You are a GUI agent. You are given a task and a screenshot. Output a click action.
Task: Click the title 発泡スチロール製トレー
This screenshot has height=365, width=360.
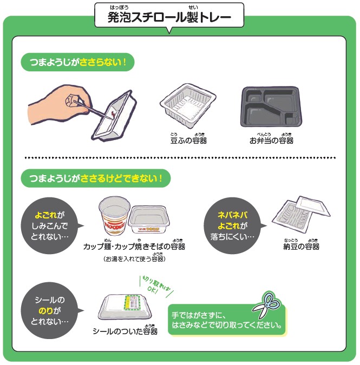[169, 17]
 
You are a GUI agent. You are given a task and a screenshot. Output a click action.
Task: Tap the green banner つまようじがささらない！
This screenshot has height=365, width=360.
[77, 62]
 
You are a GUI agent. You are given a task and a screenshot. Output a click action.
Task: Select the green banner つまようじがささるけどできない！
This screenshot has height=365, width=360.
[96, 178]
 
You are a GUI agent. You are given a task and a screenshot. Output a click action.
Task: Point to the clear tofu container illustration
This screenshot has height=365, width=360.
[188, 105]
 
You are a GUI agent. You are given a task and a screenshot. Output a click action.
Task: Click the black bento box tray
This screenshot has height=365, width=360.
[271, 107]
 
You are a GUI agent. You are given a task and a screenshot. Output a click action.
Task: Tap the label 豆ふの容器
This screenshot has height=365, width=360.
[188, 141]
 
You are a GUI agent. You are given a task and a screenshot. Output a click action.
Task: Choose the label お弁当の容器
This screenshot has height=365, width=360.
[271, 141]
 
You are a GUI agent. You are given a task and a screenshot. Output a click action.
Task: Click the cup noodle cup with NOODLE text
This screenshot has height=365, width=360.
[114, 216]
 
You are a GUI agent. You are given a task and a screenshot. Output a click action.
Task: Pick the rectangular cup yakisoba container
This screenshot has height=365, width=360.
[149, 220]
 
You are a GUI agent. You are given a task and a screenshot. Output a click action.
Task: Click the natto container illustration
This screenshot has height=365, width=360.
[301, 214]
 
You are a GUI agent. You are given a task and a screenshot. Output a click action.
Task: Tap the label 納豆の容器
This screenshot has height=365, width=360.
[301, 247]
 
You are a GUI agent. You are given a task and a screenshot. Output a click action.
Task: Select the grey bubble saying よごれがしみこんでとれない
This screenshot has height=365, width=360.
[50, 225]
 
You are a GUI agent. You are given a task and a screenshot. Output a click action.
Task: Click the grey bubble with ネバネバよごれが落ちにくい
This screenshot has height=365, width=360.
[233, 225]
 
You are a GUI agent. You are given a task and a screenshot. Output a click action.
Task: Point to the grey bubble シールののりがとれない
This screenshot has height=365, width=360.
[50, 310]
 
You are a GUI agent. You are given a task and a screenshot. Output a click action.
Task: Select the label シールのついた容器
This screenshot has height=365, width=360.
[125, 331]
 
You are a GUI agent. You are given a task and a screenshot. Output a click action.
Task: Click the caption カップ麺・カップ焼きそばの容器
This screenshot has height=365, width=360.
[134, 247]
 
